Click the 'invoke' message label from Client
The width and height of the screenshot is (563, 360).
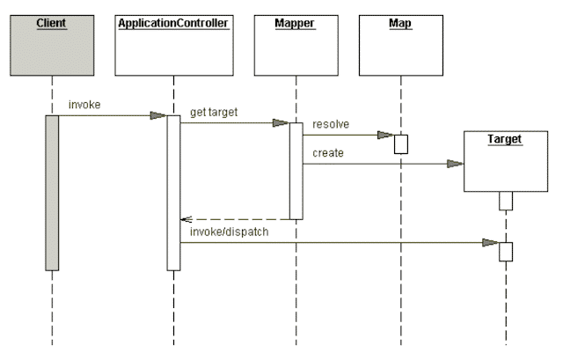click(84, 106)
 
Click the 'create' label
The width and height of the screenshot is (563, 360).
click(325, 154)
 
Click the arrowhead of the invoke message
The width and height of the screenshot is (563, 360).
click(158, 115)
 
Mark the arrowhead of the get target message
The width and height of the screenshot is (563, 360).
click(281, 123)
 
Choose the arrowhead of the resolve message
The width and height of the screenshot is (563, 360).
click(385, 136)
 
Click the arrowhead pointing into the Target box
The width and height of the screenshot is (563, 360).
click(455, 163)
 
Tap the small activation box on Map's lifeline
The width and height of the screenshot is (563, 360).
click(400, 144)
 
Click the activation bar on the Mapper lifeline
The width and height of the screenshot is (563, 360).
click(296, 171)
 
